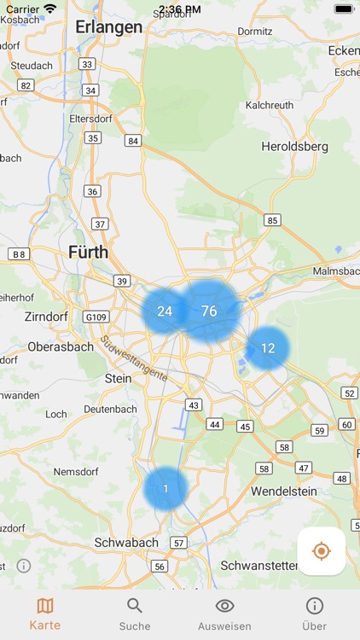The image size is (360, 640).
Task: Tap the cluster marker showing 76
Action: (209, 311)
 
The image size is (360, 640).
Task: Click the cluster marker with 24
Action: (165, 311)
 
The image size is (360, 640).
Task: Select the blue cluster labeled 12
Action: (268, 348)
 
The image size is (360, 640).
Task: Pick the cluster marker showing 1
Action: (165, 489)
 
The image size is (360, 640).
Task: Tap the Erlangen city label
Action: (108, 27)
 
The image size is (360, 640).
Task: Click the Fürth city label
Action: (88, 252)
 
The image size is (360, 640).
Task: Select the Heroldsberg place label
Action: (294, 147)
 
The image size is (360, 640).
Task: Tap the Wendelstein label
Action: (284, 492)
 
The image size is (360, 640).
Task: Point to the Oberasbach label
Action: (61, 347)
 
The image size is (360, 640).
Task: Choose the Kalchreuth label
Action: (270, 105)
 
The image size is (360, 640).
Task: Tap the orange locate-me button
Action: (322, 551)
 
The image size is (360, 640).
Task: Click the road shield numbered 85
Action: (272, 220)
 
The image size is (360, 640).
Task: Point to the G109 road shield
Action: (96, 317)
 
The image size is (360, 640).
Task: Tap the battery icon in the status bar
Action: (343, 9)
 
